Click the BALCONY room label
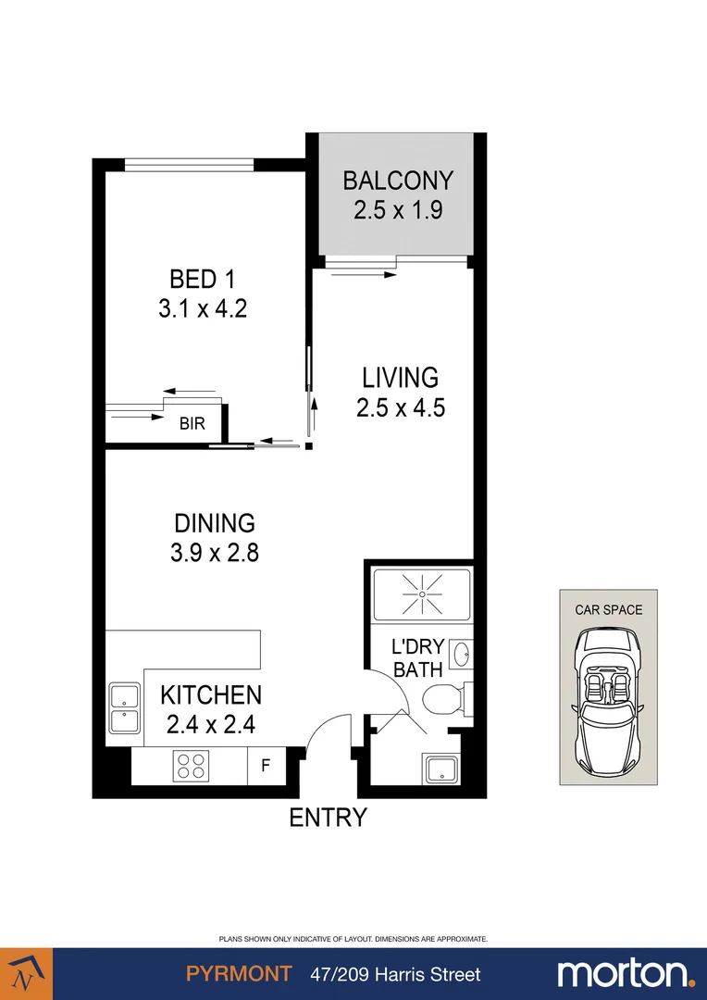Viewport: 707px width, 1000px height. pyautogui.click(x=398, y=180)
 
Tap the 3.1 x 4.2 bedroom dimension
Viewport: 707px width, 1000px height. pyautogui.click(x=202, y=307)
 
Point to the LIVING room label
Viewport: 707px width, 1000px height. pyautogui.click(x=400, y=378)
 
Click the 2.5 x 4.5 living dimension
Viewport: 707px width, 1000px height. pyautogui.click(x=401, y=407)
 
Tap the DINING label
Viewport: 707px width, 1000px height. pyautogui.click(x=214, y=523)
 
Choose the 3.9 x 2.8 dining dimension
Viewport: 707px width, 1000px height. pyautogui.click(x=214, y=553)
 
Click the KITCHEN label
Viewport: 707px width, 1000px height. pyautogui.click(x=211, y=694)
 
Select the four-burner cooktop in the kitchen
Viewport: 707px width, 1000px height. pyautogui.click(x=192, y=766)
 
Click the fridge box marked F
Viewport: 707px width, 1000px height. pyautogui.click(x=267, y=766)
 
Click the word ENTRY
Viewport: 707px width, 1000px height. pyautogui.click(x=329, y=818)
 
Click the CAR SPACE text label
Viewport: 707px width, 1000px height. pyautogui.click(x=608, y=609)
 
